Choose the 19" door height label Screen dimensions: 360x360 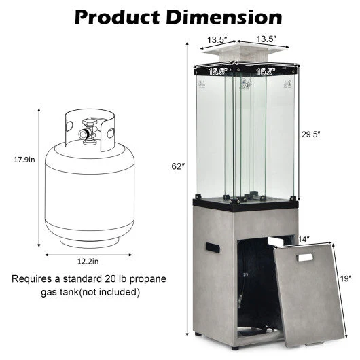(x=346, y=278)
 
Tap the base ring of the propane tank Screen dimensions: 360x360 (x=86, y=238)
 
